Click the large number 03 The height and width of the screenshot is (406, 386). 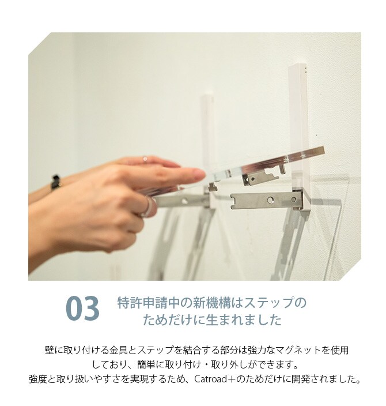coord(82,309)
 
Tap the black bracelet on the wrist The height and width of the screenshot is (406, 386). coord(55,182)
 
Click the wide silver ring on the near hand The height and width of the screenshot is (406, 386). coord(147,207)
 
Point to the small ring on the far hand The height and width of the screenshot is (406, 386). coord(145,159)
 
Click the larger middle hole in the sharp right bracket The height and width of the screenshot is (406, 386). coord(270,200)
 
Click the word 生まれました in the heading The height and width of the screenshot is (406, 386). coord(244,320)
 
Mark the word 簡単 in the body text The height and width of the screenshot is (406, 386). coord(146,365)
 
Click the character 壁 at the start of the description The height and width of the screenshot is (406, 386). coord(50,350)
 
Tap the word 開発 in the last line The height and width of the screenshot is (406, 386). coord(301,379)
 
